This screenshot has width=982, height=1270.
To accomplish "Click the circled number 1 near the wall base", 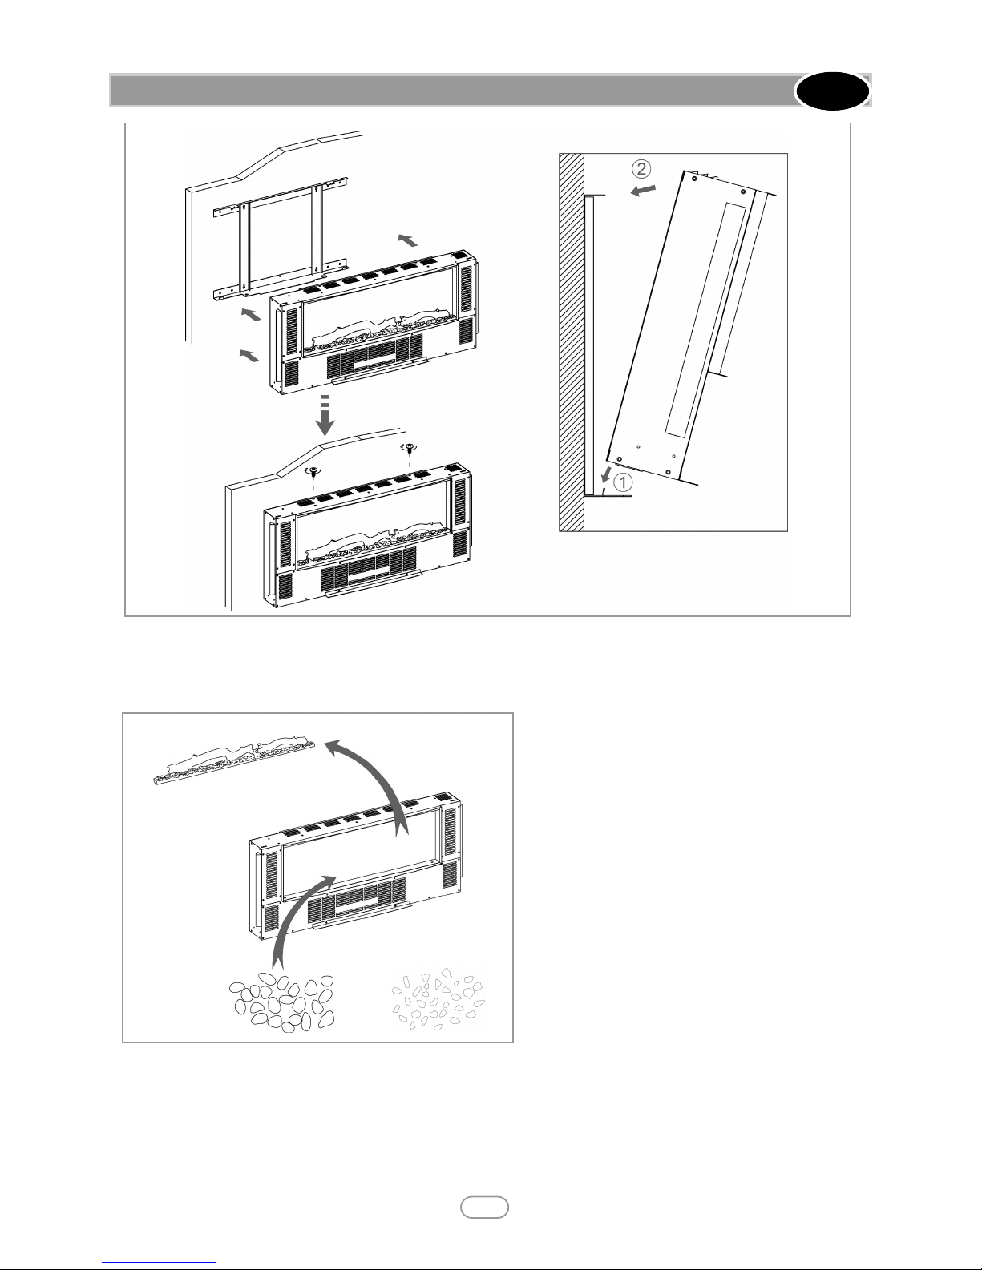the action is (x=621, y=483).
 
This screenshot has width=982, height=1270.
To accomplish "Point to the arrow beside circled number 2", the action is (x=644, y=191).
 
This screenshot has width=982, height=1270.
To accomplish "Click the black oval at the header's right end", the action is (x=832, y=91).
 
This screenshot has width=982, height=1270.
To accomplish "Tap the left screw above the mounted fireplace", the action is (x=314, y=474).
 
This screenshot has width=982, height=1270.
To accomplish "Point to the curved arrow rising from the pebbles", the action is (x=297, y=913).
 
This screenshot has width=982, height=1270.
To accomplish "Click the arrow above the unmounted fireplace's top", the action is (x=408, y=240).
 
